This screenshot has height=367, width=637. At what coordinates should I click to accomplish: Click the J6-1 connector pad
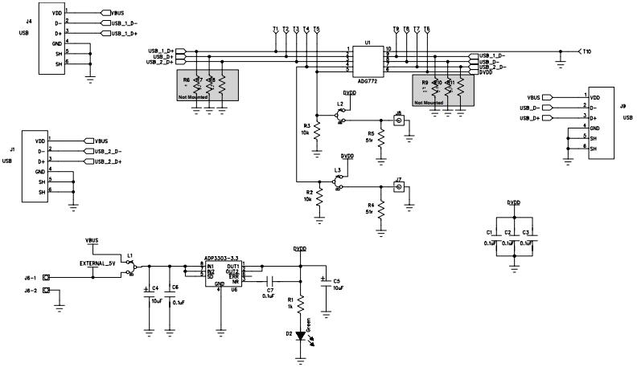click(x=47, y=278)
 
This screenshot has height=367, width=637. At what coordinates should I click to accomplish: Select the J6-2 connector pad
click(x=47, y=292)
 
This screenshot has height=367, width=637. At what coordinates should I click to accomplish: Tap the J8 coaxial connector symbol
click(x=397, y=121)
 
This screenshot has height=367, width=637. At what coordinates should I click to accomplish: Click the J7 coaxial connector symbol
click(x=397, y=188)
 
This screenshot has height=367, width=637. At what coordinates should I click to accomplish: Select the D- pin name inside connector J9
click(x=597, y=107)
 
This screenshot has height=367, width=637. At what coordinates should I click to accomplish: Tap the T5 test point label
click(x=317, y=30)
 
